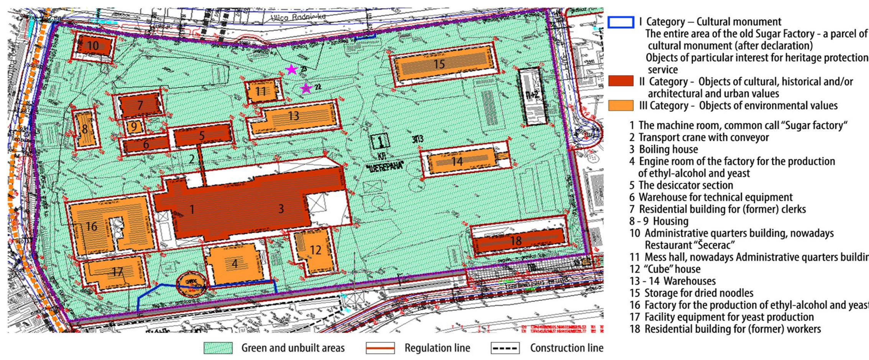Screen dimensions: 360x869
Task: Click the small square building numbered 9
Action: [x=134, y=126]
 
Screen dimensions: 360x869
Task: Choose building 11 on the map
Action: [x=261, y=91]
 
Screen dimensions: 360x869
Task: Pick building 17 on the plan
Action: [x=115, y=273]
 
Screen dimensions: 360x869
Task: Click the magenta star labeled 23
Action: [x=292, y=70]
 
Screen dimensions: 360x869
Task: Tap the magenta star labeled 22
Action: [x=306, y=89]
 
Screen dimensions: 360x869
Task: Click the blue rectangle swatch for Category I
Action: [x=621, y=22]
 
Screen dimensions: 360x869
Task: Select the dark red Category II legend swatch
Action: [x=621, y=82]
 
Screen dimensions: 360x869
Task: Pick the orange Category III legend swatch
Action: [x=621, y=105]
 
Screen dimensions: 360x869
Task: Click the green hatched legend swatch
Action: [x=218, y=348]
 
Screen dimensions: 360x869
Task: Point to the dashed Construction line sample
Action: [x=505, y=348]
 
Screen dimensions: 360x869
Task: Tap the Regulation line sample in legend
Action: [x=380, y=348]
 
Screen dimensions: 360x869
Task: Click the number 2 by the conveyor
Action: [x=192, y=159]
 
